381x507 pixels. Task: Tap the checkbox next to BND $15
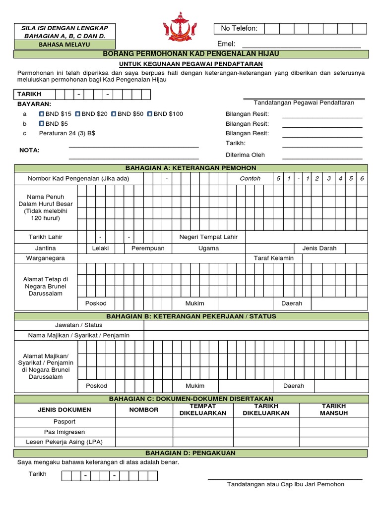point(42,114)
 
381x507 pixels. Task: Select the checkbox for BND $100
point(150,114)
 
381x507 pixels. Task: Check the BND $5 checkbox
point(42,124)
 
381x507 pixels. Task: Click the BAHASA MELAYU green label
point(64,45)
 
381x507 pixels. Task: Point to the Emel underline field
point(301,44)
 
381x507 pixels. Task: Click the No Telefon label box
point(239,28)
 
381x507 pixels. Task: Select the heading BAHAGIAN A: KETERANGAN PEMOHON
point(191,168)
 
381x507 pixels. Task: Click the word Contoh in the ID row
point(250,178)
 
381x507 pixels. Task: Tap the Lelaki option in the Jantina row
point(101,248)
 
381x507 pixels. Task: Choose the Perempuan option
point(148,248)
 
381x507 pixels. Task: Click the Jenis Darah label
point(319,248)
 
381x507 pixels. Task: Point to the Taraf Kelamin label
point(274,258)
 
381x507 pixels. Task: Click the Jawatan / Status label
point(79,325)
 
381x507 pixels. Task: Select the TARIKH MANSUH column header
point(333,409)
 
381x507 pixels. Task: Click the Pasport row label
point(64,421)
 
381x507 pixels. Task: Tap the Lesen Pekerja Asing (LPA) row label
point(64,442)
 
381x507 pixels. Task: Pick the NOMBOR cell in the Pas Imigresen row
point(144,432)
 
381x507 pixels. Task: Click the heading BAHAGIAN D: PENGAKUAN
point(190,453)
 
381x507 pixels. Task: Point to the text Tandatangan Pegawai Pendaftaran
point(304,102)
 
